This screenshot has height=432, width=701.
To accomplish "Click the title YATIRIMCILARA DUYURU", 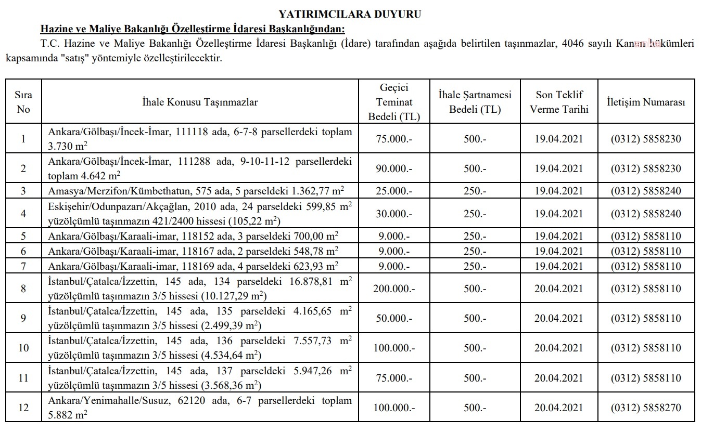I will tap(350, 14).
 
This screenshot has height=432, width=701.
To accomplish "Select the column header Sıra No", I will tap(23, 102).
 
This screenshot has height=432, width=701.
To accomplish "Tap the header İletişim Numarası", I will tap(646, 102).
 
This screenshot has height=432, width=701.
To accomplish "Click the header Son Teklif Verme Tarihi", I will tap(558, 102).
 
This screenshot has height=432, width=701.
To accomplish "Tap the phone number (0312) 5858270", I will tap(646, 408).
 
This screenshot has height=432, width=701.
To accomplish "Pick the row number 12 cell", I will tap(23, 408).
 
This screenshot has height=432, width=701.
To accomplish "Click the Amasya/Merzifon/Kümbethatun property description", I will tap(200, 191).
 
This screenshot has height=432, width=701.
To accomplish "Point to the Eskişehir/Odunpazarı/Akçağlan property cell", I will tap(200, 214).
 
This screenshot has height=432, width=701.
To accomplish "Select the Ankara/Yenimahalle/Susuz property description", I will tap(200, 408).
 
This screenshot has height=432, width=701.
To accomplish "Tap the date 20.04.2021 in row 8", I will tap(558, 289).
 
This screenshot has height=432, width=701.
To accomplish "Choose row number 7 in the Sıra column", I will tap(23, 267).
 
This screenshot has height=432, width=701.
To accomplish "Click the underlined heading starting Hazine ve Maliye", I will tap(193, 29).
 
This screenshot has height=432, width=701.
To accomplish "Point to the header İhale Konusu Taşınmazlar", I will tap(200, 102).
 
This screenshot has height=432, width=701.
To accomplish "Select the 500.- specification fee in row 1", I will tap(475, 139).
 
